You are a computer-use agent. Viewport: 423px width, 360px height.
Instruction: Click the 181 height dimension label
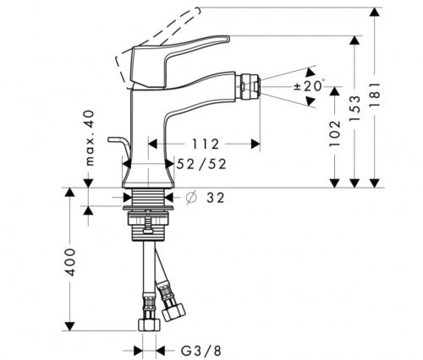click(375, 95)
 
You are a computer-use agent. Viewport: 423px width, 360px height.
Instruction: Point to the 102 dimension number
click(335, 134)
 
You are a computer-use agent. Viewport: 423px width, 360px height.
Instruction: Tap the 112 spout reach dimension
click(206, 145)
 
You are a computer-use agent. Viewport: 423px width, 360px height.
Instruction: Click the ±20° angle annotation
click(309, 85)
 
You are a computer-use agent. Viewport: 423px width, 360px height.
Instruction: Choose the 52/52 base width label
click(201, 164)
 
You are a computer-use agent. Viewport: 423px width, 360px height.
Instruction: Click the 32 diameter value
click(216, 198)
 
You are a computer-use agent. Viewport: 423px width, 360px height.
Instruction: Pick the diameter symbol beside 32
click(191, 197)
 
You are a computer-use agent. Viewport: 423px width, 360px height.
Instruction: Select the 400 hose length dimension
click(70, 263)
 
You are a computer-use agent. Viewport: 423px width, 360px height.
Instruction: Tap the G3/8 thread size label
click(201, 351)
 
